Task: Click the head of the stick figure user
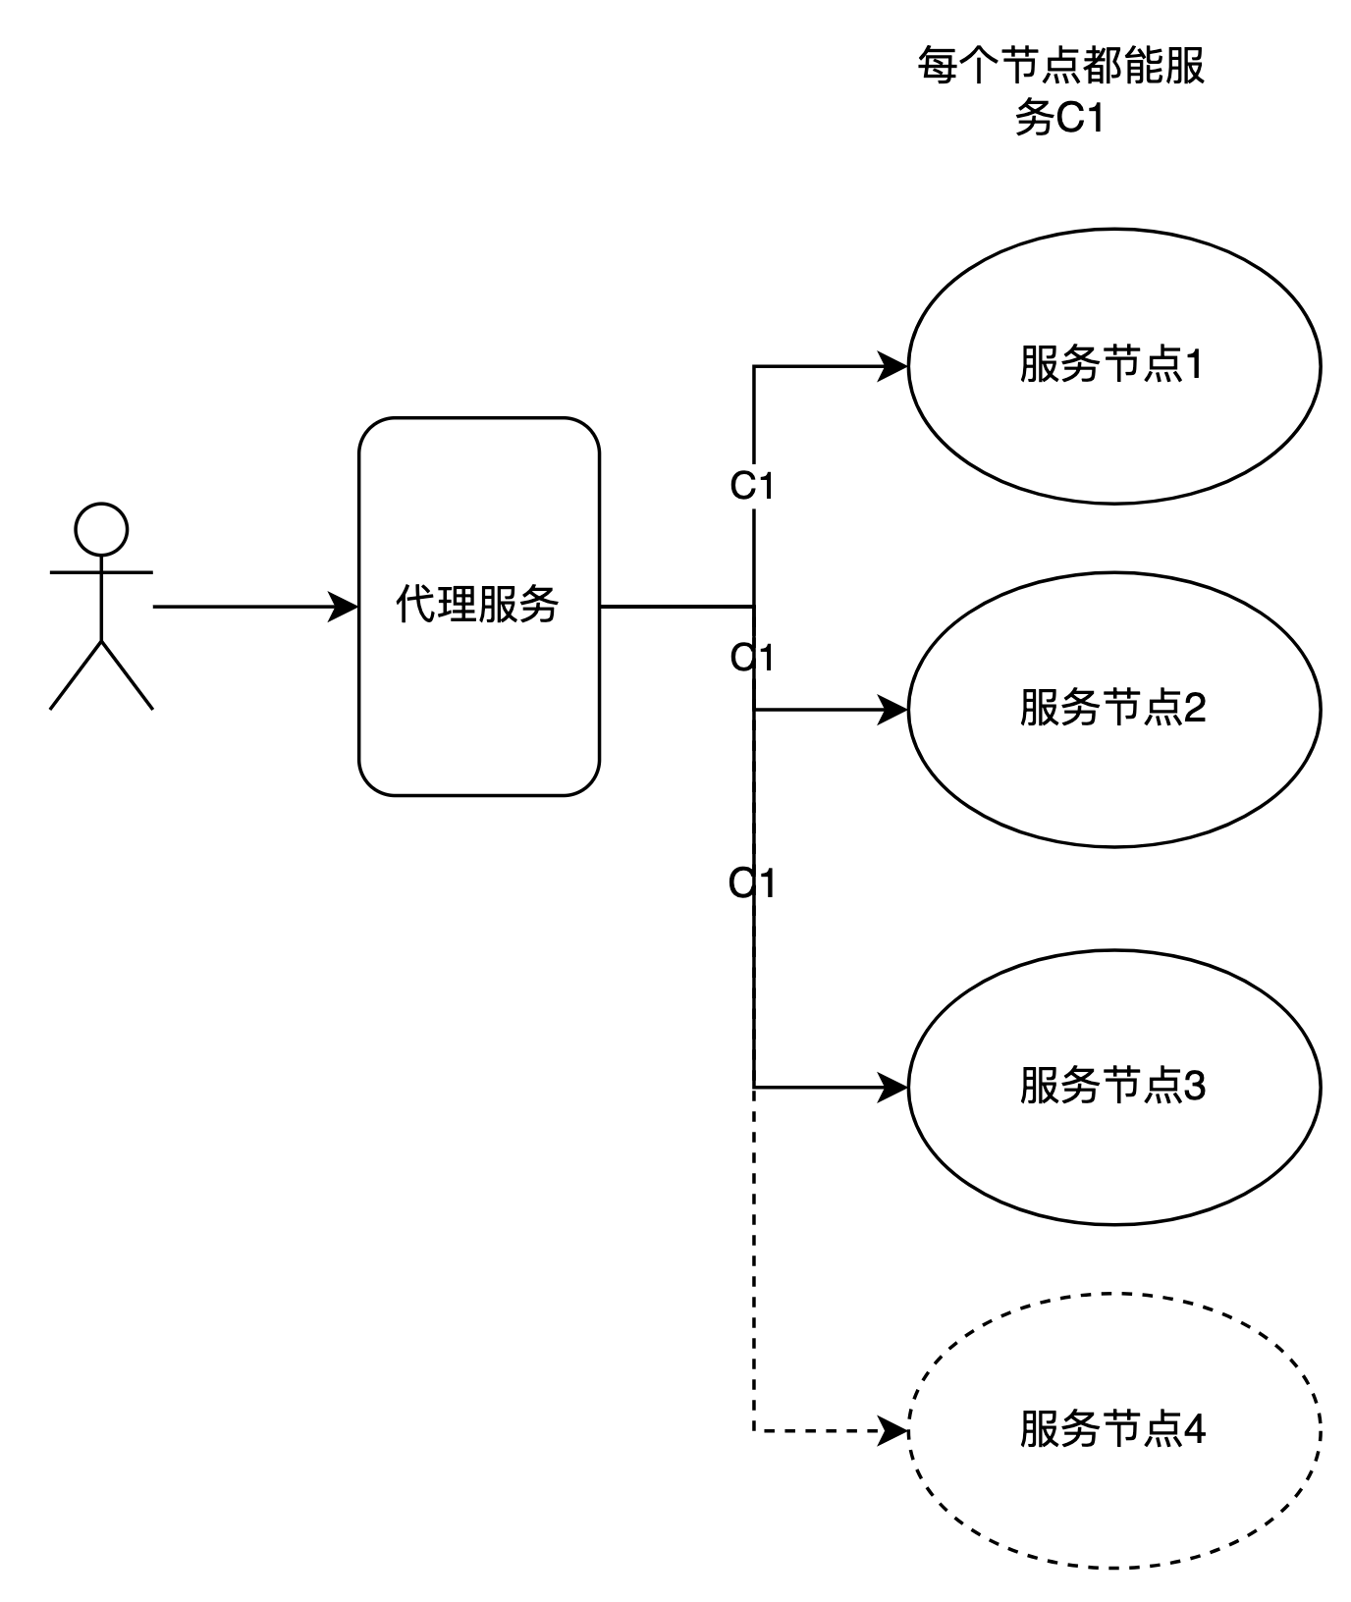click(101, 529)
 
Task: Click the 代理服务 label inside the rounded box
click(478, 605)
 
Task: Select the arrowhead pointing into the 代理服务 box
click(343, 607)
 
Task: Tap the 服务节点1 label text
click(1111, 365)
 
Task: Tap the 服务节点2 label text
click(1112, 708)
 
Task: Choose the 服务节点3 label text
click(1112, 1086)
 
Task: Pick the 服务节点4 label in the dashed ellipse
click(1112, 1429)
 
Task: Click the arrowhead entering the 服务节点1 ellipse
click(892, 366)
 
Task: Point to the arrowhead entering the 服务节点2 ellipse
click(892, 709)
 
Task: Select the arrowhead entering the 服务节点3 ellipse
click(892, 1087)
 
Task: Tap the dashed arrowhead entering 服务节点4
click(892, 1430)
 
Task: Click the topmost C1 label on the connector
click(753, 486)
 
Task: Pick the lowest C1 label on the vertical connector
click(753, 884)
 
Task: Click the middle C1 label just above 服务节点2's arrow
click(753, 658)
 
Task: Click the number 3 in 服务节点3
click(1195, 1086)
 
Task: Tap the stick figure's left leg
click(76, 674)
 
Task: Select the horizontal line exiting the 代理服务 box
click(676, 607)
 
